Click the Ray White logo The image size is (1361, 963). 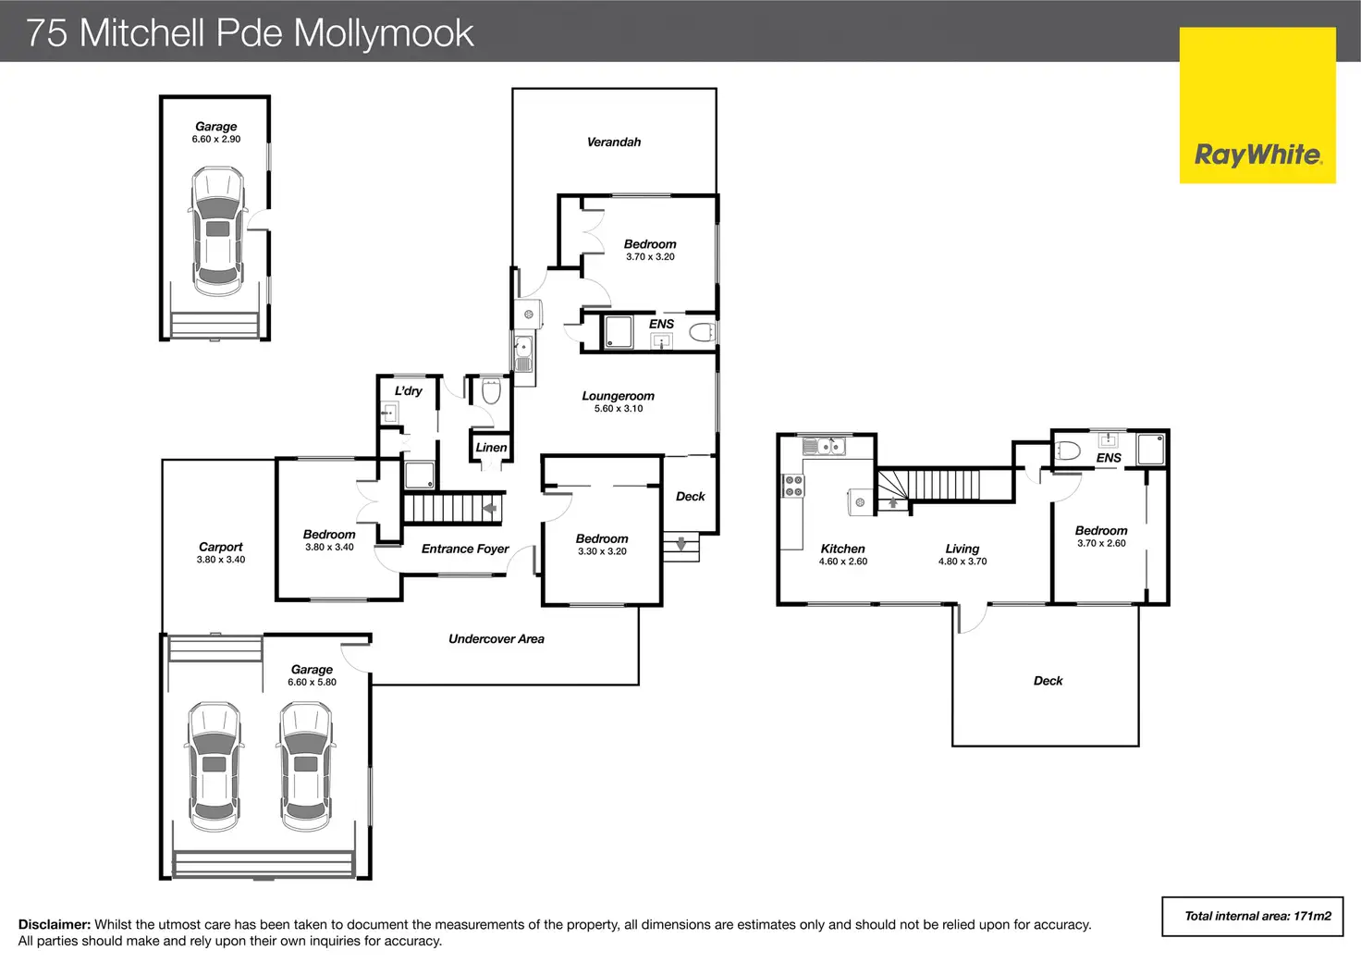[x=1257, y=105]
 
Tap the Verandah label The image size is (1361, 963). [x=614, y=142]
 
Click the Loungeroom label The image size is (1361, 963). [x=618, y=396]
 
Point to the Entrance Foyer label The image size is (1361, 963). [x=465, y=549]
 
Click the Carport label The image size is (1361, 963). [x=220, y=547]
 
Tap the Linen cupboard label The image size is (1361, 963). [x=491, y=448]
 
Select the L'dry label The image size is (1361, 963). [x=408, y=391]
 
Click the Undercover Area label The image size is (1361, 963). [x=496, y=638]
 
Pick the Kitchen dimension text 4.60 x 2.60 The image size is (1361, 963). [x=842, y=562]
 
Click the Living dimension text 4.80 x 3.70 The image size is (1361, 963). [x=962, y=562]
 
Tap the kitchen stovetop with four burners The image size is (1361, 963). [x=793, y=486]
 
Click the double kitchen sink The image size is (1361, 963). [x=823, y=447]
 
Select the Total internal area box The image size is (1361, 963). [x=1252, y=916]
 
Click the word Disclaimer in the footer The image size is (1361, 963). [x=54, y=924]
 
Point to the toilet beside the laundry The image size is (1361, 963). [x=491, y=392]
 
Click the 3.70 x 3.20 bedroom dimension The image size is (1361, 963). [x=650, y=257]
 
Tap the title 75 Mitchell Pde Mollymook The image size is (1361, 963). [x=250, y=32]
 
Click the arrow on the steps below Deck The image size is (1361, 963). [x=681, y=544]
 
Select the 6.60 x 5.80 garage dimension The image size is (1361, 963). [x=312, y=683]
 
